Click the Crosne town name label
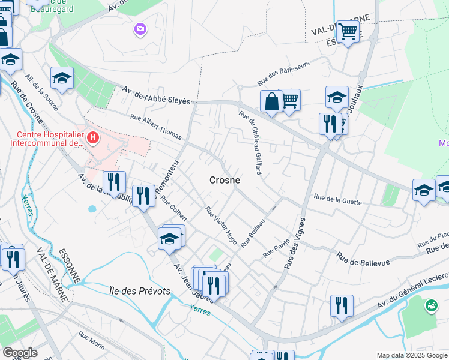click(x=224, y=180)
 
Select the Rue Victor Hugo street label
click(x=221, y=226)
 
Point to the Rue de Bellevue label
click(x=363, y=259)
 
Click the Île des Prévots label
click(x=140, y=291)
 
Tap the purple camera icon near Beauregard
click(x=140, y=29)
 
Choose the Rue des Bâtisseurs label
click(x=283, y=72)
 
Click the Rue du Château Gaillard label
click(x=250, y=143)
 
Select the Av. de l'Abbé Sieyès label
click(x=155, y=95)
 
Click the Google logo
click(x=20, y=353)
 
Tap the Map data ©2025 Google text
click(x=411, y=355)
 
